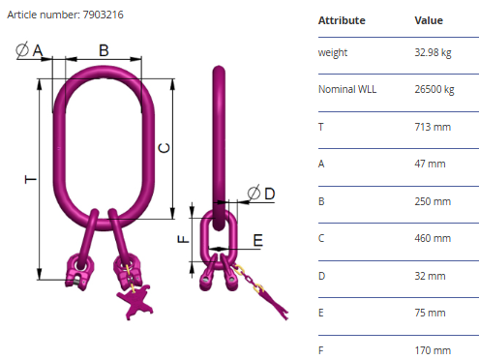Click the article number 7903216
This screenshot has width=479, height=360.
coord(103,15)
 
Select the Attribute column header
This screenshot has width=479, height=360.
coord(342,20)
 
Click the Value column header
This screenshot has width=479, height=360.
coord(429,20)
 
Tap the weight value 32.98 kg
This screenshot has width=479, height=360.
coord(433,52)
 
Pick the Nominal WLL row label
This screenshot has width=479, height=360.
coord(347,89)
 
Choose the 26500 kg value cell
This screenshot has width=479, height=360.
coord(434,89)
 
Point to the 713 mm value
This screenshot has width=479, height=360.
coord(433,127)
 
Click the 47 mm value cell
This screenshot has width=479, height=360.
coord(430,164)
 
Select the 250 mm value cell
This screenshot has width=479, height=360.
coord(433,201)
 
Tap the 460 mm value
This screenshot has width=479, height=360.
coord(433,238)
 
